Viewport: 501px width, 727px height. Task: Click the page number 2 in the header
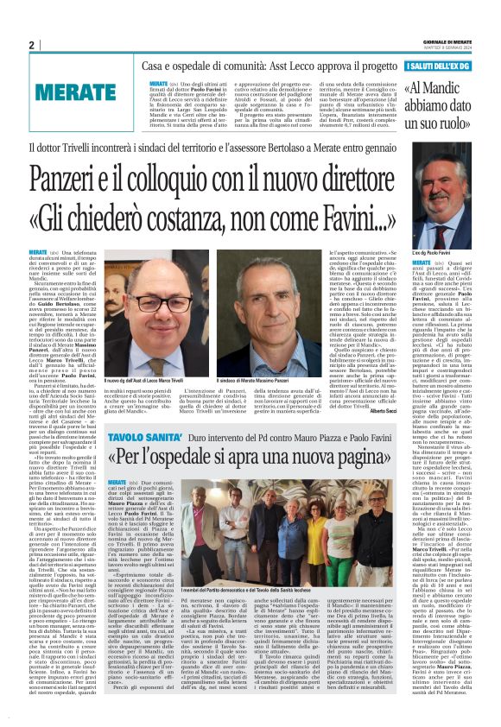[x=31, y=45]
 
